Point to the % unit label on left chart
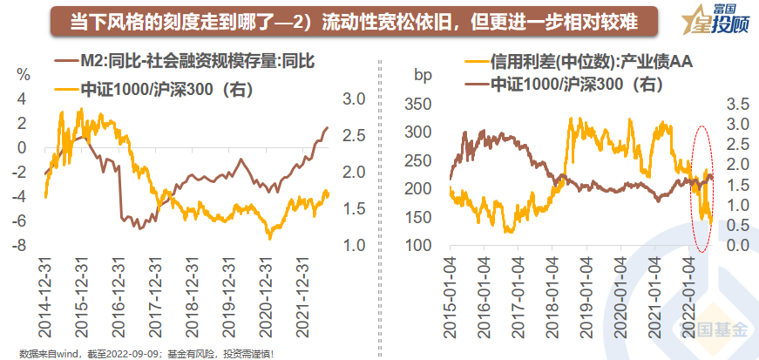point(24,74)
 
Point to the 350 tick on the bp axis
point(420,104)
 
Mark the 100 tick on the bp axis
point(420,246)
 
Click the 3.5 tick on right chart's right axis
point(737,104)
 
